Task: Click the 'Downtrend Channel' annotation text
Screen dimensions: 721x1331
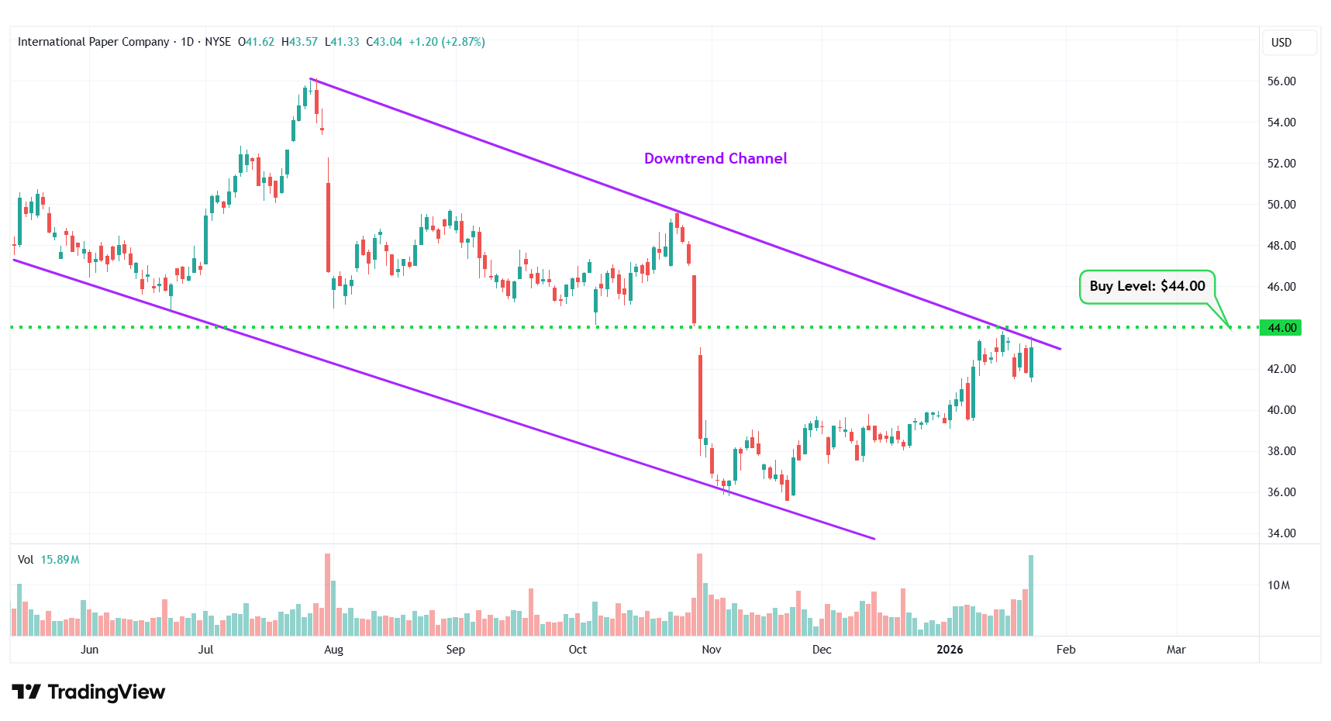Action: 715,158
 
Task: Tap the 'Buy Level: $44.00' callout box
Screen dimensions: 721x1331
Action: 1147,286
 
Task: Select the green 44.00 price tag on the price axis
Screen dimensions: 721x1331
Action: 1281,328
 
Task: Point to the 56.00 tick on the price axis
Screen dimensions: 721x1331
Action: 1281,81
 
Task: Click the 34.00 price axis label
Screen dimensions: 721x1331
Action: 1281,533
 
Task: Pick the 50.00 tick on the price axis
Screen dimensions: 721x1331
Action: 1281,205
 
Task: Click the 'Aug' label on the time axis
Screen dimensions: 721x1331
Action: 333,650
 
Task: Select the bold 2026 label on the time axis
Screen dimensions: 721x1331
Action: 949,650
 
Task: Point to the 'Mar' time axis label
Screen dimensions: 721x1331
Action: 1175,650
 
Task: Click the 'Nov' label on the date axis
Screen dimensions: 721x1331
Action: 711,650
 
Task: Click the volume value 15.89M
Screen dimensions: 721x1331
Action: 60,560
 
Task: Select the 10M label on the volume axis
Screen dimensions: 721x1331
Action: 1278,585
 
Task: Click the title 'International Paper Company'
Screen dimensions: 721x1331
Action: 93,42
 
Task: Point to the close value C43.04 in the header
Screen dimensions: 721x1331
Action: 384,42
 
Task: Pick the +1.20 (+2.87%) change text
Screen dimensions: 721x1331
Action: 447,42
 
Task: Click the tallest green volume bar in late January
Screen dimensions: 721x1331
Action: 1030,595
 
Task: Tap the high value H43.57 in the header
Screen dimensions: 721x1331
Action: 299,42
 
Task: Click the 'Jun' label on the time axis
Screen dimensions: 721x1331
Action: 89,650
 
